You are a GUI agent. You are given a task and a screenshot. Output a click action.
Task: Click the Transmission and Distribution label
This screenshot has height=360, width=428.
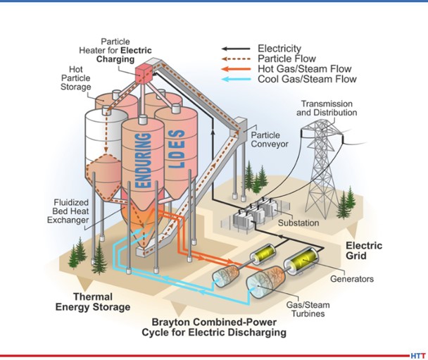click(326, 108)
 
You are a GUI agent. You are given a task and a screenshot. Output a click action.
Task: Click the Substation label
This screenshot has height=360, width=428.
click(298, 223)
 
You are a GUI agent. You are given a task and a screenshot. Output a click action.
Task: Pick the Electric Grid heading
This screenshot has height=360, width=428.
click(363, 251)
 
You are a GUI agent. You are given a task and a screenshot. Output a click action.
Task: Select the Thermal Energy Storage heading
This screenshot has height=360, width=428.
click(102, 302)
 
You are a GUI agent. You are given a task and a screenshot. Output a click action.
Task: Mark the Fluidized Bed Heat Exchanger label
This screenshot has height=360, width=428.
click(70, 211)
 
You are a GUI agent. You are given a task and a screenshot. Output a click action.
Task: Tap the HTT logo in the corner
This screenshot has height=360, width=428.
click(418, 355)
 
